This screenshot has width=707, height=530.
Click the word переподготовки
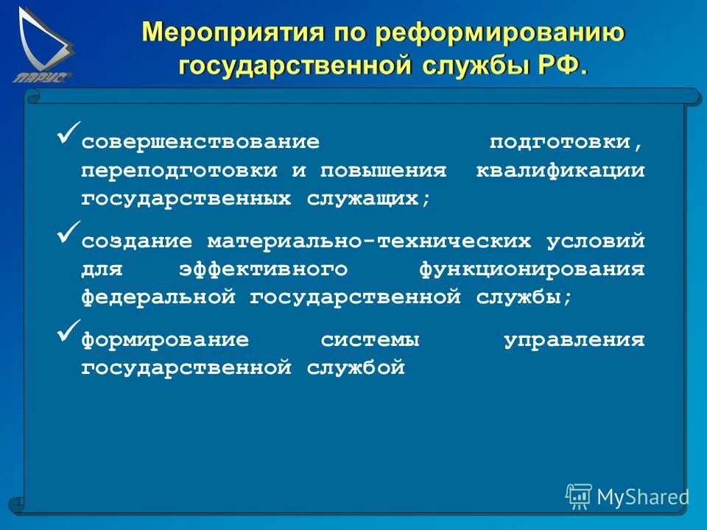click(180, 170)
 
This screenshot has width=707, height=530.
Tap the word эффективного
click(263, 269)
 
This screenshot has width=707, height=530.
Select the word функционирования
click(532, 269)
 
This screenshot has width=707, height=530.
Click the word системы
click(370, 340)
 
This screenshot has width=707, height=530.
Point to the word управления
click(574, 340)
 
